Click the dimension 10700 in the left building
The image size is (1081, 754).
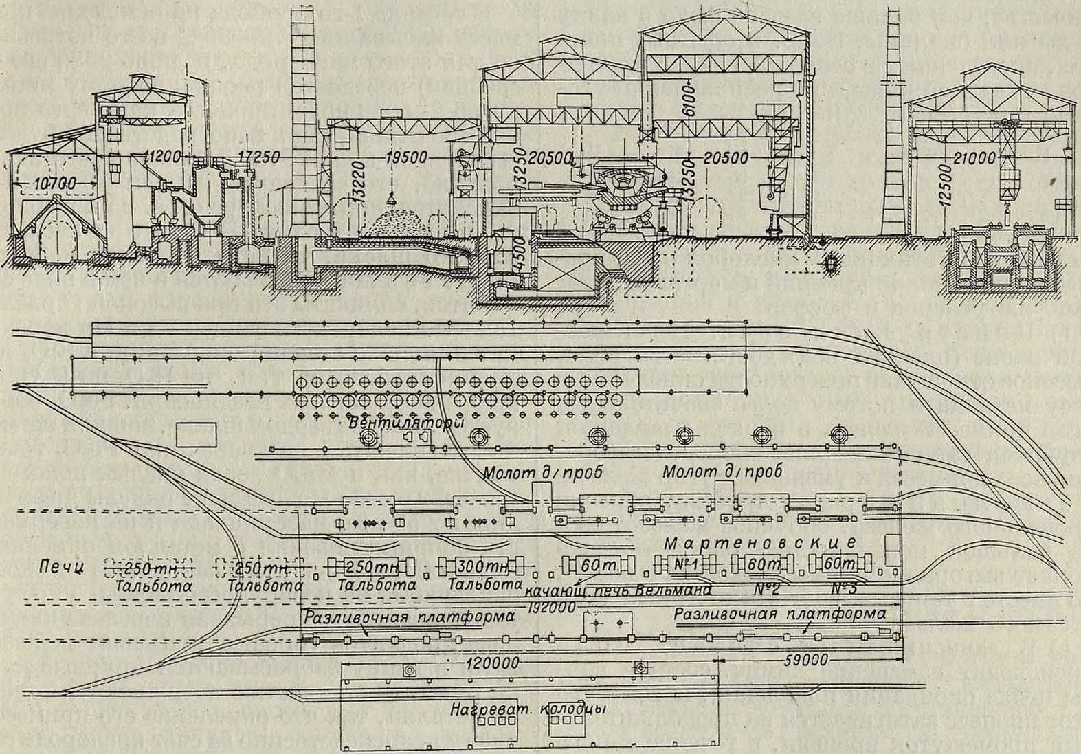pos(52,184)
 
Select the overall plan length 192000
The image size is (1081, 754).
pos(547,609)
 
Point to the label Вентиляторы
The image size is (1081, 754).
pos(402,423)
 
